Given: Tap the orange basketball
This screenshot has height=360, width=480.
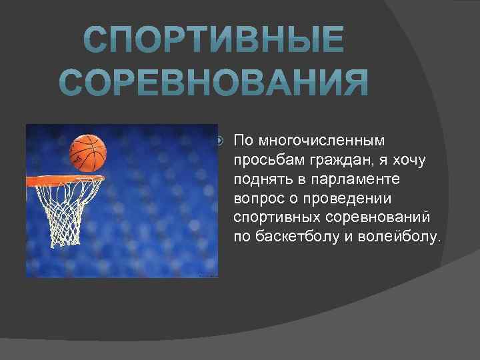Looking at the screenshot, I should [x=88, y=153].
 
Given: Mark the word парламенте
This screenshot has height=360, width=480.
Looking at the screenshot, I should [x=338, y=180].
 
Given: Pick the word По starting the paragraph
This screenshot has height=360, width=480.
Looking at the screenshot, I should [x=243, y=141].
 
